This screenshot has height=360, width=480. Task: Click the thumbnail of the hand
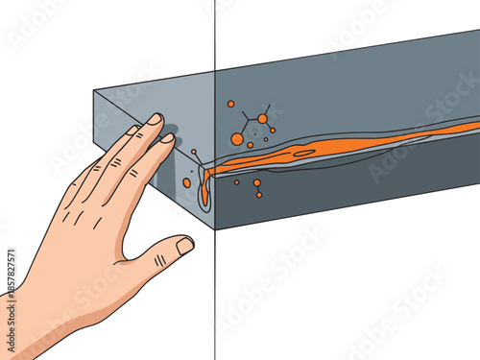click(184, 246)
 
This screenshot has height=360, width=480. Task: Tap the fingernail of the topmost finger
click(155, 119)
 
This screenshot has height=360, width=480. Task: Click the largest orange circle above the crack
click(237, 139)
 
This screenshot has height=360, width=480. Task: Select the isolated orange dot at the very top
click(230, 104)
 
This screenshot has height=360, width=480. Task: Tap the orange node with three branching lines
click(262, 119)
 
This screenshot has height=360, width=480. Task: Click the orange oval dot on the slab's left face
click(187, 182)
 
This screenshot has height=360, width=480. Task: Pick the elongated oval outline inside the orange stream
click(303, 152)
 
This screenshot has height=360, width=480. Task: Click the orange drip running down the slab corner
click(204, 192)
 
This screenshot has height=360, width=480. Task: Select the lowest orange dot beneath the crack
click(259, 195)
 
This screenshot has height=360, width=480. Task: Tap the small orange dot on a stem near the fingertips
click(193, 152)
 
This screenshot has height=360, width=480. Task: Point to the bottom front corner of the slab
click(214, 229)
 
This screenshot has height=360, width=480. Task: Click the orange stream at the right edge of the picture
click(470, 126)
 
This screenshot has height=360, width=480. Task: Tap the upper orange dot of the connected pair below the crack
click(256, 182)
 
